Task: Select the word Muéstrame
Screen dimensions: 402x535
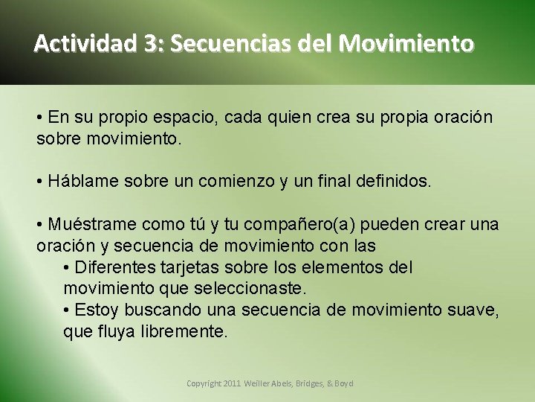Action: [92, 224]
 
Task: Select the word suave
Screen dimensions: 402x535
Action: [473, 310]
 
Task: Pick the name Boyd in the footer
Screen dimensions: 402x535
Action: [343, 383]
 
